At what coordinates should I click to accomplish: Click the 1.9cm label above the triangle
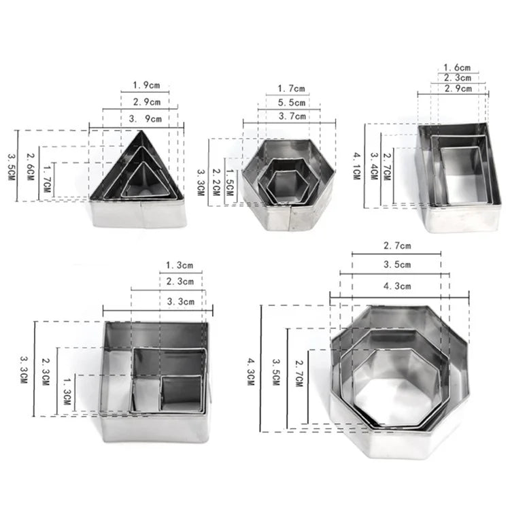(146, 85)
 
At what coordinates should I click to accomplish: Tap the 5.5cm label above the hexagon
(292, 103)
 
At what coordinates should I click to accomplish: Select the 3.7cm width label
(292, 116)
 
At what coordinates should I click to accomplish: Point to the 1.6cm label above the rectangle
(457, 67)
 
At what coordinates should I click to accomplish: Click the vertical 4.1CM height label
(357, 166)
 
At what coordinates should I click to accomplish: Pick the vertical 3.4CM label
(374, 166)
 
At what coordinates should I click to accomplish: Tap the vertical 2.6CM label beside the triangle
(30, 167)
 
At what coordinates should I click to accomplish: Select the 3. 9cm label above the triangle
(146, 119)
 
